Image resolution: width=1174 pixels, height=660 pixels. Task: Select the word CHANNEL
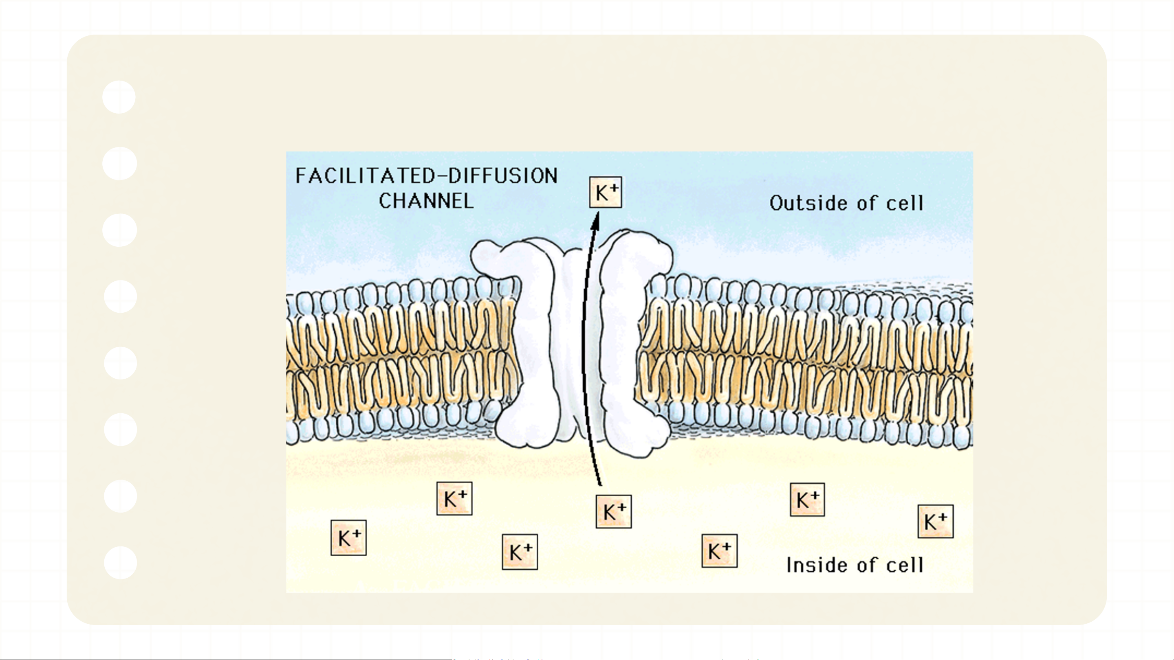[x=426, y=201]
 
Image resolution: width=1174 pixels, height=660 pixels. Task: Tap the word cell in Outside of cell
[x=905, y=203]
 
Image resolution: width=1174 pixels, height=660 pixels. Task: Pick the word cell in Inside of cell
[x=905, y=565]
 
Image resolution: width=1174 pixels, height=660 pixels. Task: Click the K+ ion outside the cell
[x=605, y=193]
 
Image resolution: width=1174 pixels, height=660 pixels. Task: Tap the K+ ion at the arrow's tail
[x=613, y=512]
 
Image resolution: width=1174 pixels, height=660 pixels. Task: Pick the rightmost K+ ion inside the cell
[x=935, y=522]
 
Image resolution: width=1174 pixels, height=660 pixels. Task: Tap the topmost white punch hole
[x=119, y=97]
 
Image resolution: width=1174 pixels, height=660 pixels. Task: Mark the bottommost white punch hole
[x=120, y=563]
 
